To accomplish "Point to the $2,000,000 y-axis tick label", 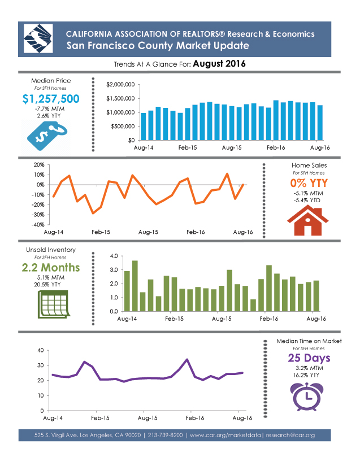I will (120, 85).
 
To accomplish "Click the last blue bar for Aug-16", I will (320, 123).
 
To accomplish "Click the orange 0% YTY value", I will (309, 184).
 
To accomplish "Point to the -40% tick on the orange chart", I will (39, 225).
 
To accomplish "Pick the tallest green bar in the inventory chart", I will (135, 286).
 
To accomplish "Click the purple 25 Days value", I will (309, 358).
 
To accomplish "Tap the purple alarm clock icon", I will (308, 395).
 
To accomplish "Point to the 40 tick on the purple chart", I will (40, 350).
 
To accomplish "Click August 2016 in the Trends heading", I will (219, 64).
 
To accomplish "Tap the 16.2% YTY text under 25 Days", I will (309, 374).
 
